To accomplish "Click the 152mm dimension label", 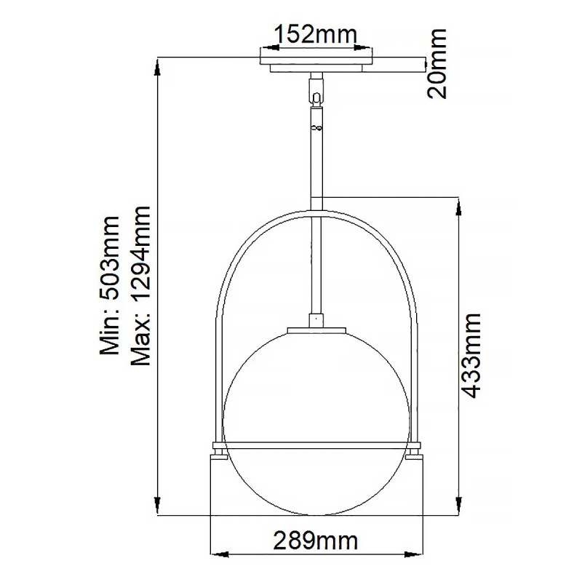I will (315, 33).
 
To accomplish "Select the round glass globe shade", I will (316, 407).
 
